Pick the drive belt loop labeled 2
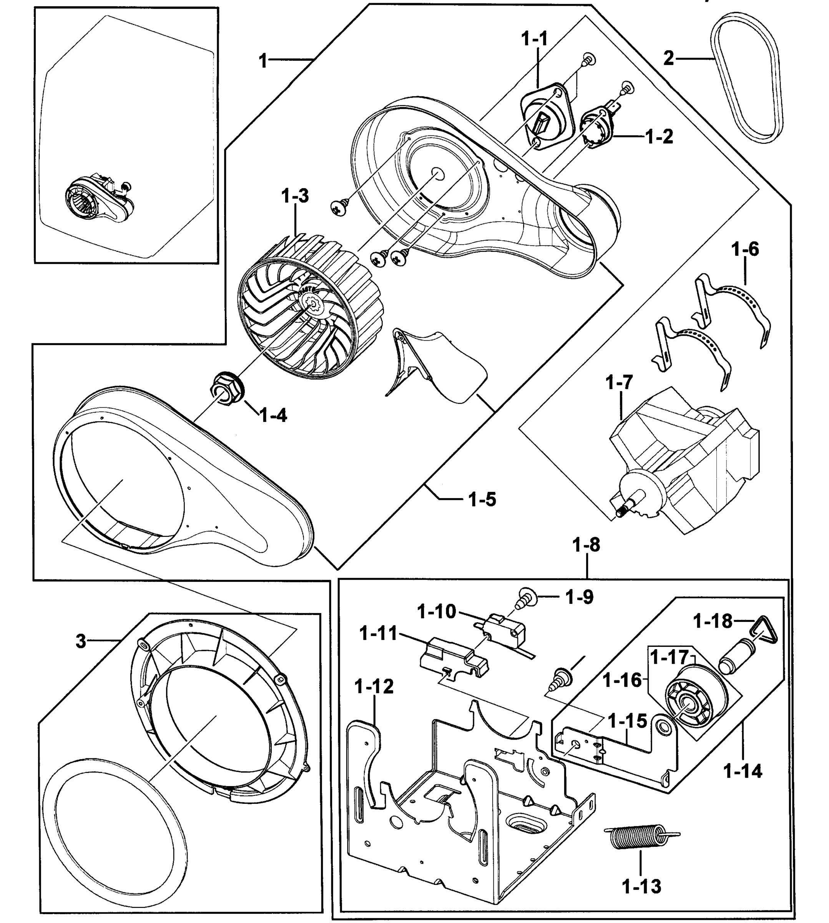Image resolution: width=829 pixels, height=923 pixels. pos(747,82)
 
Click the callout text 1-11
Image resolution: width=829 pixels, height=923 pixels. pos(379,633)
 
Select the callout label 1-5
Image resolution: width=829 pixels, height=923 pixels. pos(482,500)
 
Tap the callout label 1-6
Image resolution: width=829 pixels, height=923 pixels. pos(745,249)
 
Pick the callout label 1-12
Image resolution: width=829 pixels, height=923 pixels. pos(374,686)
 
